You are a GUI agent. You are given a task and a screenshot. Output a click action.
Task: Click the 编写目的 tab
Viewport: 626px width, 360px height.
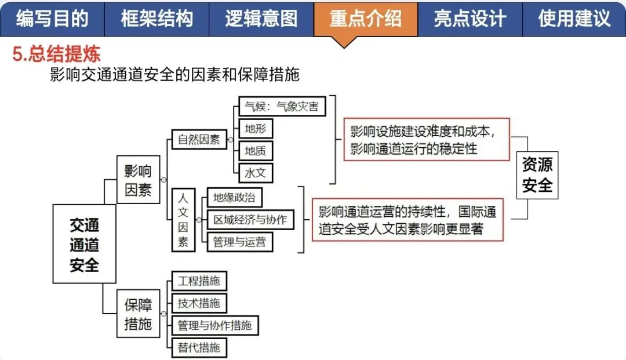click(x=52, y=19)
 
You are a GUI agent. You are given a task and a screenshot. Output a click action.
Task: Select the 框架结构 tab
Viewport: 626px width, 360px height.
click(x=156, y=19)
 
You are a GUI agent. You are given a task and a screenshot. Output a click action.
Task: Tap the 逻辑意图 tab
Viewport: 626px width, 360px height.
click(x=261, y=19)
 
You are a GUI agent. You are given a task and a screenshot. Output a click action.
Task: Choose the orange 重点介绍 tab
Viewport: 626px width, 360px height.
click(x=365, y=19)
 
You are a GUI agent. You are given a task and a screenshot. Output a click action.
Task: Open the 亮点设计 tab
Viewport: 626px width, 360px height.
click(x=469, y=19)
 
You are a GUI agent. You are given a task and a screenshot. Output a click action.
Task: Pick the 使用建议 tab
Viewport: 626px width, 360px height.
click(x=574, y=19)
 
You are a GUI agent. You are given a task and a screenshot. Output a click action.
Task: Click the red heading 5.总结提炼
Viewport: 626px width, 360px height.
click(x=56, y=54)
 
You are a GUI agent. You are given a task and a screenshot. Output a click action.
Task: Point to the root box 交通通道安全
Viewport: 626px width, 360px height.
click(x=84, y=244)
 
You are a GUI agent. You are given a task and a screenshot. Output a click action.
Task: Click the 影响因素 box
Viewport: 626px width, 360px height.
click(x=138, y=180)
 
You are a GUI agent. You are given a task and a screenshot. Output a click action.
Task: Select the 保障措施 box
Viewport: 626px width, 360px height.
click(x=138, y=314)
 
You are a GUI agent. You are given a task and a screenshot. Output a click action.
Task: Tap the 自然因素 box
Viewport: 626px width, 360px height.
click(x=199, y=139)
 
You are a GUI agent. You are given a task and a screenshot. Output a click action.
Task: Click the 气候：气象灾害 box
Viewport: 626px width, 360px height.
click(x=282, y=106)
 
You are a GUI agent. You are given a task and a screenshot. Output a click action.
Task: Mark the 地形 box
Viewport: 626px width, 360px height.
click(x=256, y=128)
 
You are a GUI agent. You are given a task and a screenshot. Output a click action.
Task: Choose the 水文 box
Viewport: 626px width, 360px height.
click(x=256, y=173)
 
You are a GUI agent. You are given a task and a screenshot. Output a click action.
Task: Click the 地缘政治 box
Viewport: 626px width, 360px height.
click(x=234, y=198)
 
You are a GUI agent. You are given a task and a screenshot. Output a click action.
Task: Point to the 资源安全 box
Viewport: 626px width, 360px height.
click(x=537, y=175)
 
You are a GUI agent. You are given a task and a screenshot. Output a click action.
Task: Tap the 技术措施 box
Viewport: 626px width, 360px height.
click(x=199, y=303)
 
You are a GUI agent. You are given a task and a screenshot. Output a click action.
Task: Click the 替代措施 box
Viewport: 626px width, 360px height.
click(x=199, y=348)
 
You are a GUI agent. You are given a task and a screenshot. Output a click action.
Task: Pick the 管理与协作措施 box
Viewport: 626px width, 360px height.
click(x=215, y=325)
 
